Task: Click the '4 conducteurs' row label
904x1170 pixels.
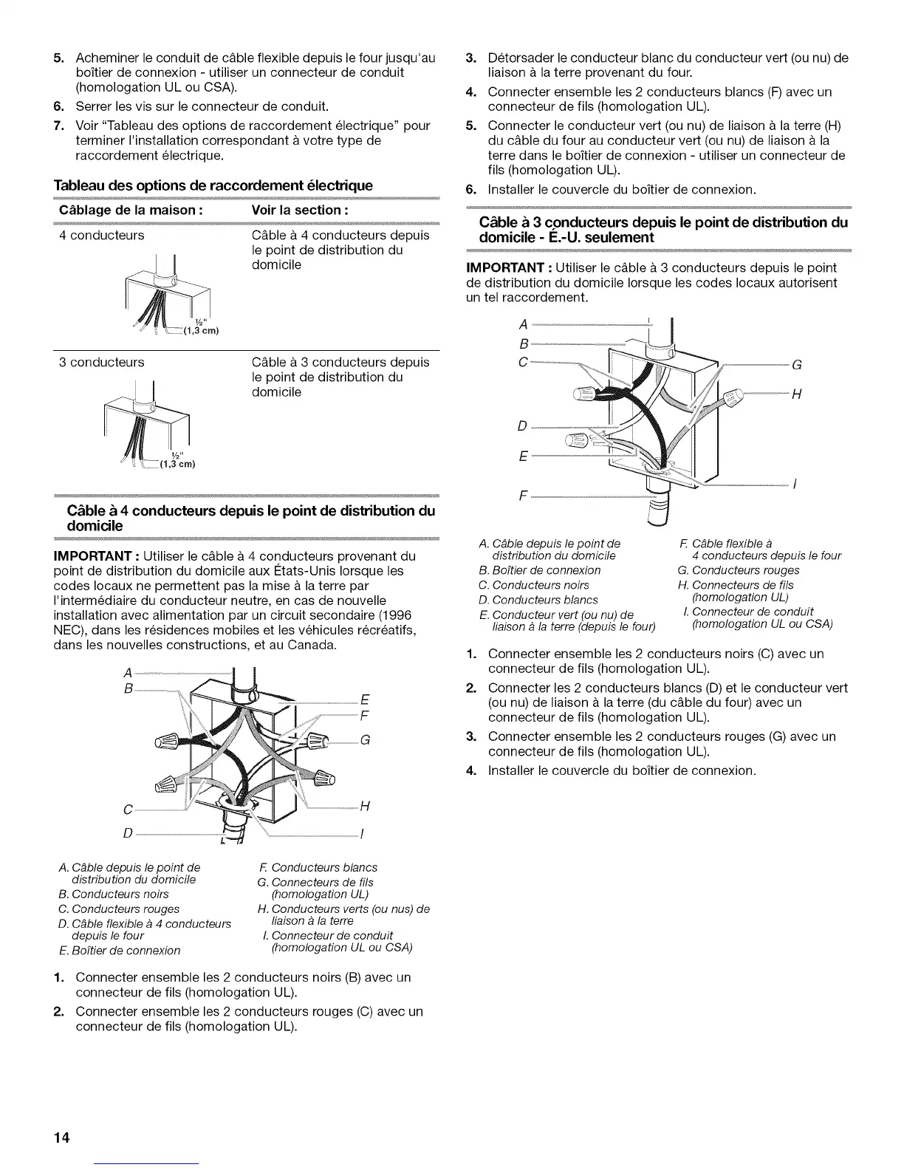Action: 102,236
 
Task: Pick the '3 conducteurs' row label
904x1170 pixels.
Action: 102,363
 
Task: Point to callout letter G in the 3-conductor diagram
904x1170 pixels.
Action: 796,364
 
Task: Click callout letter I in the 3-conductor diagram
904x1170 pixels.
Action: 794,485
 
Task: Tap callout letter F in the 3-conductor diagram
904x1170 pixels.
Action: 523,496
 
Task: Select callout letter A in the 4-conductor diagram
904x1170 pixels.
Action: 129,673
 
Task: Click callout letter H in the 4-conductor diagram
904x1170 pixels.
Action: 364,807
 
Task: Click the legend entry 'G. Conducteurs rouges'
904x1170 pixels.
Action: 738,570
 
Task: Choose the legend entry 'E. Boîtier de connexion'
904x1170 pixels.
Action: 119,950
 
